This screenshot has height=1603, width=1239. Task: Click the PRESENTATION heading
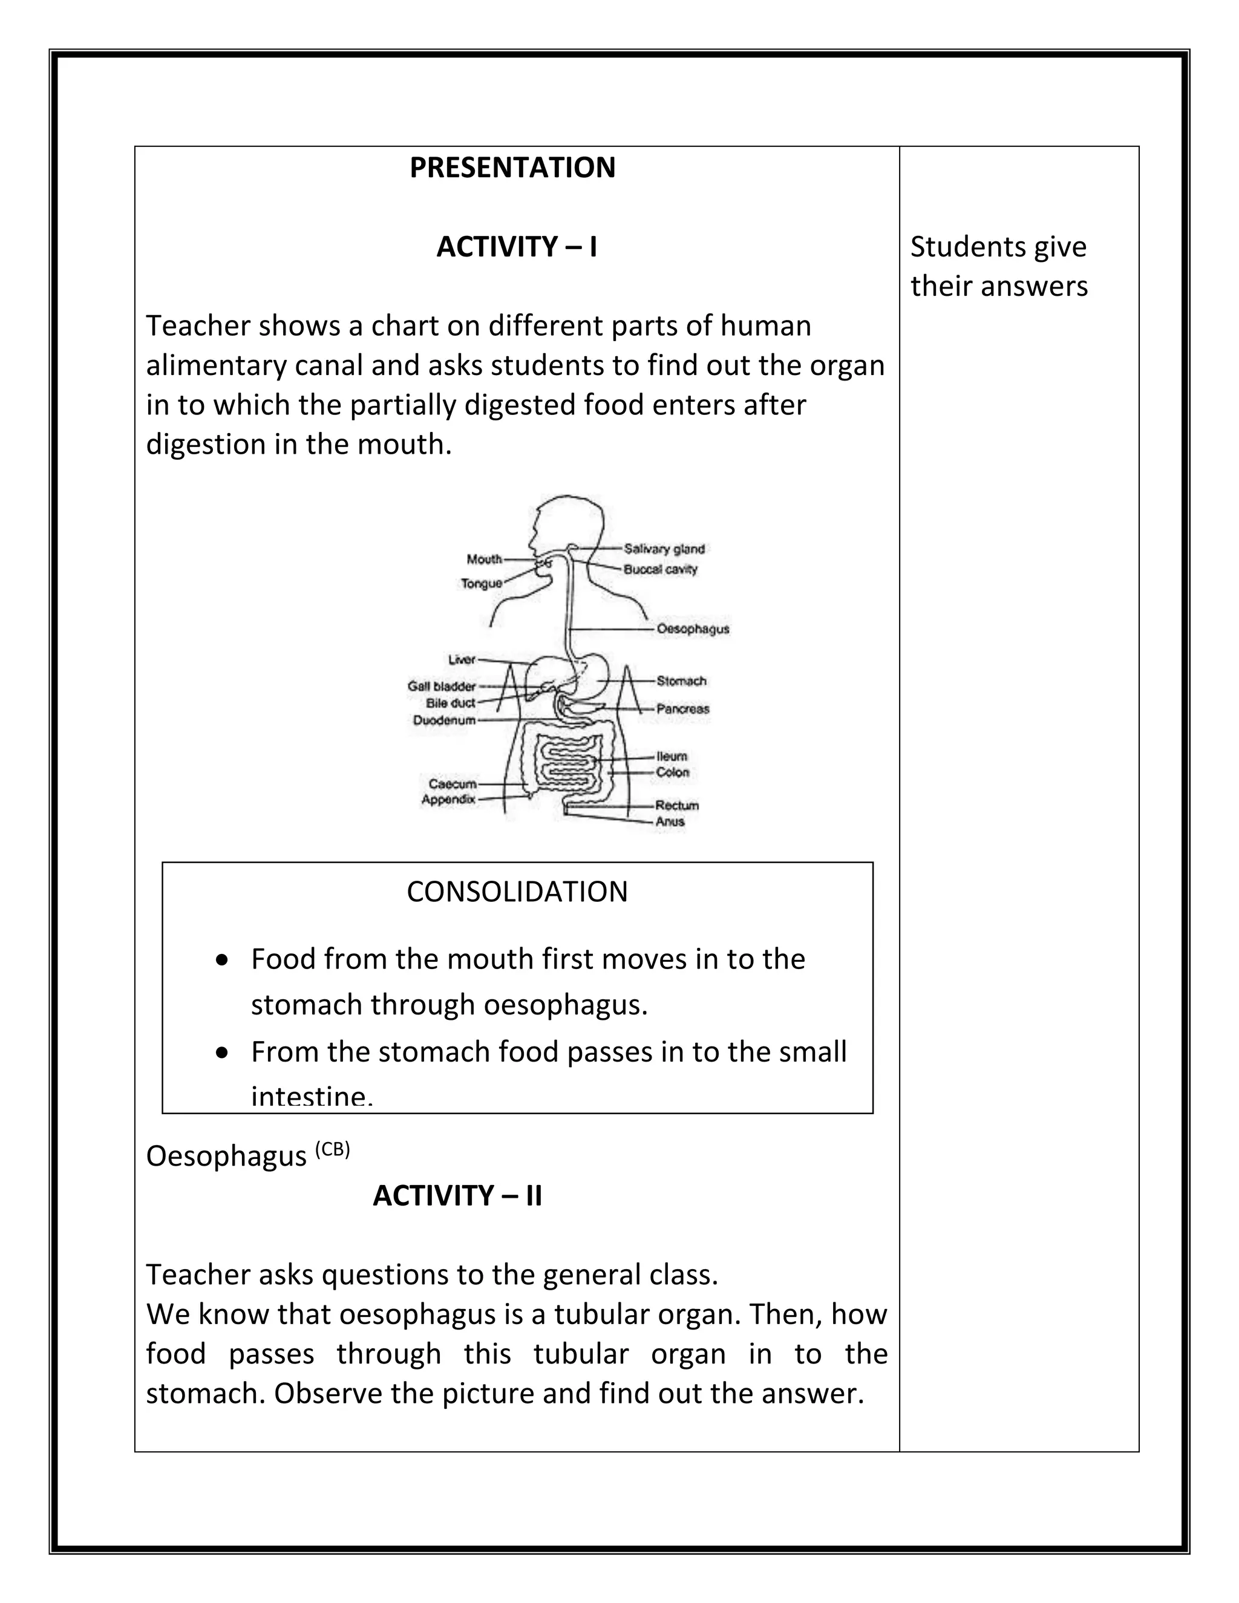(512, 168)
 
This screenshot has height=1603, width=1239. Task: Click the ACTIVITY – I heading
(516, 247)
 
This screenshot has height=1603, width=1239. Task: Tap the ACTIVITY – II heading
(457, 1196)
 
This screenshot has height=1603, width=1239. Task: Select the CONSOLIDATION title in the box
(517, 892)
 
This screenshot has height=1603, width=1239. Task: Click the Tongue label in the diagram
(481, 584)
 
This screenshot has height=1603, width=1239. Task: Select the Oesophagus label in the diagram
(692, 629)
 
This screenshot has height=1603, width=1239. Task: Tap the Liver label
(462, 660)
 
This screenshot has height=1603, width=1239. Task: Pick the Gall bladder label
(441, 687)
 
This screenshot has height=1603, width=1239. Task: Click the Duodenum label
(443, 721)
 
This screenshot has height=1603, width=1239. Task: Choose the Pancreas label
(682, 709)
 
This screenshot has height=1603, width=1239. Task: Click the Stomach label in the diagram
(681, 681)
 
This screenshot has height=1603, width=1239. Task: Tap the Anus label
(670, 821)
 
